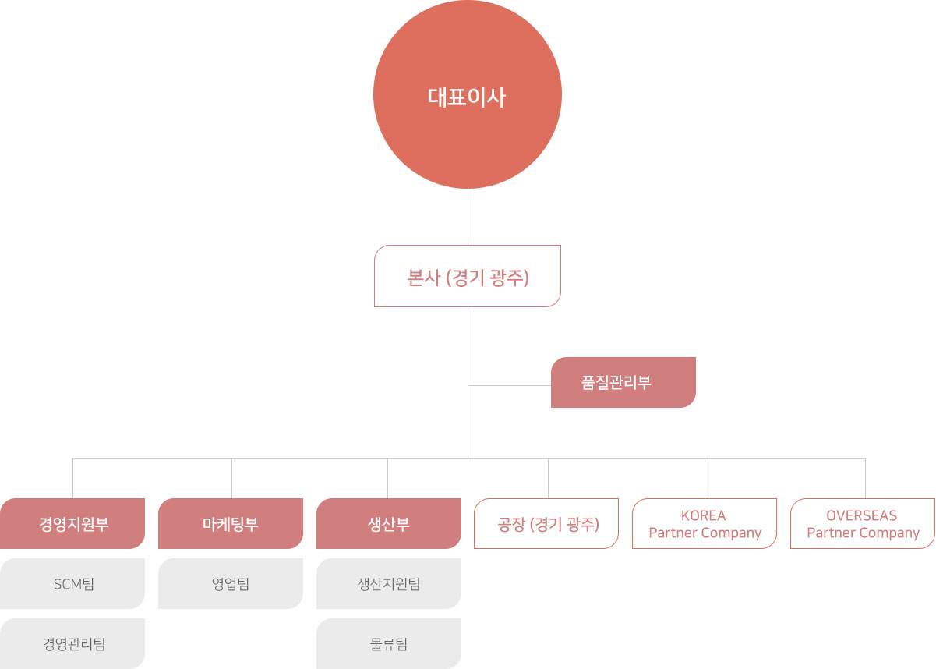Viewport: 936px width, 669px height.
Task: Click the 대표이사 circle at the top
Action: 468,96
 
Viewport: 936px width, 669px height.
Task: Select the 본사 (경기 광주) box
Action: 468,276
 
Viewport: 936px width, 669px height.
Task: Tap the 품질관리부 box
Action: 623,382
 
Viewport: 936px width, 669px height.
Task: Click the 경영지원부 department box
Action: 72,524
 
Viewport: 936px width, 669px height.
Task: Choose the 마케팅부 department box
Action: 231,524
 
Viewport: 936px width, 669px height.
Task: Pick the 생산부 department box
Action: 388,524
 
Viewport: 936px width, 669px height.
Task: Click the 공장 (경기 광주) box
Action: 546,524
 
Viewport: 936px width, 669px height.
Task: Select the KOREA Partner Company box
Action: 705,524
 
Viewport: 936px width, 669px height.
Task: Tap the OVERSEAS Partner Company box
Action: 863,524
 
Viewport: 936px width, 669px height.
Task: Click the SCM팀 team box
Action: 72,583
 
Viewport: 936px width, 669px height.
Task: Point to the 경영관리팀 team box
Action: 72,643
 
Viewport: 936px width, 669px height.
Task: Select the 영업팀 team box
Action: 231,583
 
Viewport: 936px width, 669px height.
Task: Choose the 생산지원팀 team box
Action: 388,583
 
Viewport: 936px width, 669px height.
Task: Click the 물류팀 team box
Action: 388,643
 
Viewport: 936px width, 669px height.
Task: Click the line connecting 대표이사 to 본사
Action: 468,217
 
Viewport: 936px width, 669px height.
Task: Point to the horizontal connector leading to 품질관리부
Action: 510,385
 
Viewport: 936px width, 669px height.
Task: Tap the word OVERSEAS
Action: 861,515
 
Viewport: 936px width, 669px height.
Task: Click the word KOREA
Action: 703,515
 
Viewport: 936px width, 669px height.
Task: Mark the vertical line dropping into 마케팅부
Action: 231,479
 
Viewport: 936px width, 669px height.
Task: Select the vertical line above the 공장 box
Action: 548,479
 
